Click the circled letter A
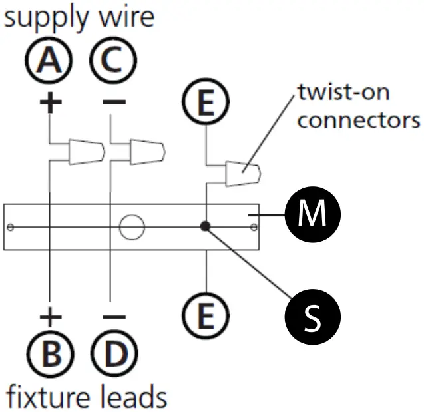tap(49, 60)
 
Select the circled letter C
tap(113, 60)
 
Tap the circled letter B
tap(51, 354)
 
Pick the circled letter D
tap(114, 354)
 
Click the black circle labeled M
tap(313, 214)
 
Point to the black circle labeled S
tap(313, 317)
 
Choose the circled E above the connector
tap(206, 101)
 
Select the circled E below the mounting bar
tap(206, 315)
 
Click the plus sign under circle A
tap(51, 103)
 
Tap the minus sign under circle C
tap(114, 102)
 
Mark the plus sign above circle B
tap(51, 317)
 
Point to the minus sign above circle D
tap(114, 317)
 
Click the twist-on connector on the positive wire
tap(87, 152)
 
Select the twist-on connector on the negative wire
tap(148, 152)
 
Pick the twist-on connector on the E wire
tap(243, 174)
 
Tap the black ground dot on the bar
tap(205, 226)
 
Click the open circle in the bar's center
tap(132, 227)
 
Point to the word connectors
tap(359, 120)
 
